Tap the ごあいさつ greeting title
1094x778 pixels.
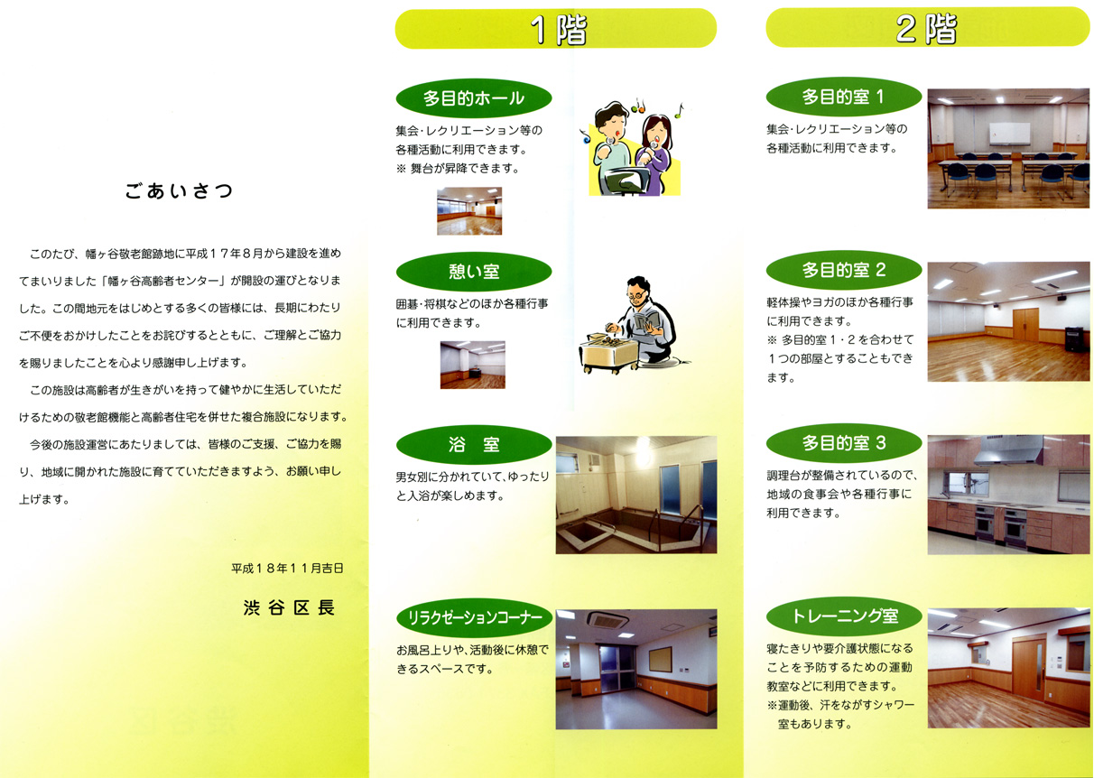pyautogui.click(x=179, y=191)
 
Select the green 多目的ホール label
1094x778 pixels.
pyautogui.click(x=474, y=98)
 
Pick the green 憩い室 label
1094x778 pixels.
pyautogui.click(x=474, y=272)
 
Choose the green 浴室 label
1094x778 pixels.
pyautogui.click(x=474, y=444)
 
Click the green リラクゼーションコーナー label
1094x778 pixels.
pyautogui.click(x=474, y=618)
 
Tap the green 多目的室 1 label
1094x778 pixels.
pyautogui.click(x=844, y=97)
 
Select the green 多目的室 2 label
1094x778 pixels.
pyautogui.click(x=844, y=270)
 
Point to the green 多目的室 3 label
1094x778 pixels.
pyautogui.click(x=844, y=443)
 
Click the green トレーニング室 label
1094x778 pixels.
pyautogui.click(x=844, y=616)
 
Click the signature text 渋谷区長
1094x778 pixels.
pyautogui.click(x=289, y=608)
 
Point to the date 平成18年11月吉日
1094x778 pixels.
pyautogui.click(x=287, y=569)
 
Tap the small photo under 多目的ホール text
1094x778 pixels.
pyautogui.click(x=469, y=211)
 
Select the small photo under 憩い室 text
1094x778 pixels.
pyautogui.click(x=473, y=365)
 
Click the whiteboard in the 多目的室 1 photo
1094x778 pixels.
pyautogui.click(x=1009, y=134)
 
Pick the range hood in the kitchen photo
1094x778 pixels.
pyautogui.click(x=1008, y=450)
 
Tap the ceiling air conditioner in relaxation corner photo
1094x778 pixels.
pyautogui.click(x=607, y=621)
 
